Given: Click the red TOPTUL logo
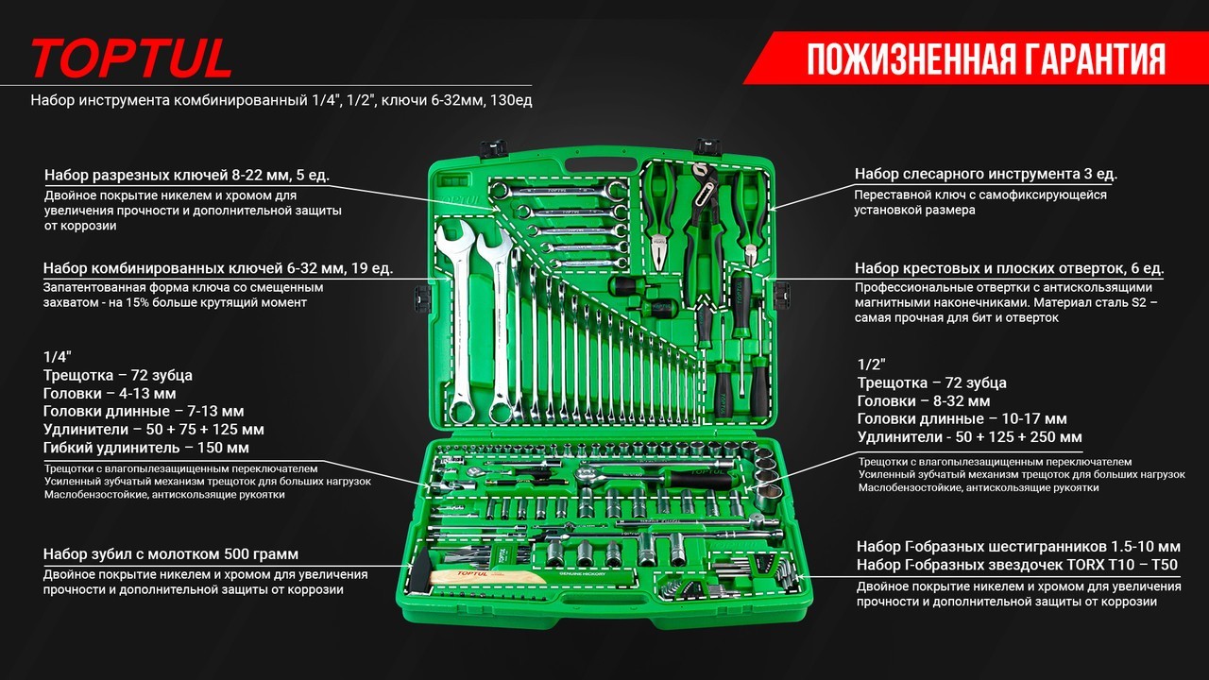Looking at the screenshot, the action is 131,58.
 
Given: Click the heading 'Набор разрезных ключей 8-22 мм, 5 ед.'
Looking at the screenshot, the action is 187,176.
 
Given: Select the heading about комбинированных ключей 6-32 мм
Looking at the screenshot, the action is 218,268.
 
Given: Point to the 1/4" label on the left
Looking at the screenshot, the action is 58,357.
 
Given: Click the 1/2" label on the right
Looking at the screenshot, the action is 872,365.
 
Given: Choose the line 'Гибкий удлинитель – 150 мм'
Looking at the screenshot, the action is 146,448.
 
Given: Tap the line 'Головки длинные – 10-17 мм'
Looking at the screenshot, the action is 962,418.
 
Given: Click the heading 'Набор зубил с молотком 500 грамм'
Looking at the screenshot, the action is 171,553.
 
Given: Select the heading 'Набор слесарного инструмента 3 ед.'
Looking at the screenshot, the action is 985,175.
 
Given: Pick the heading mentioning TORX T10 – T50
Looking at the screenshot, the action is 1017,565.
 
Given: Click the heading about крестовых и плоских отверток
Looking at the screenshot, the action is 1009,268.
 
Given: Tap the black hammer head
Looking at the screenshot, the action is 419,571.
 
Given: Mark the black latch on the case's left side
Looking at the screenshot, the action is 422,297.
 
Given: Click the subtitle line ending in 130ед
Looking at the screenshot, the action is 281,100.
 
